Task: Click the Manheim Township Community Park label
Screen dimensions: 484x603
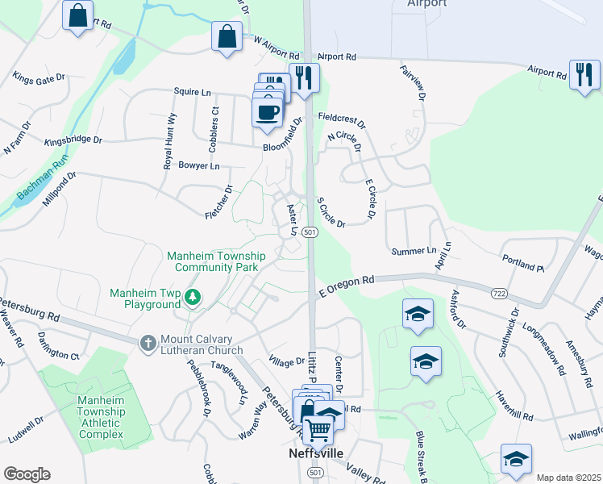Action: pyautogui.click(x=215, y=261)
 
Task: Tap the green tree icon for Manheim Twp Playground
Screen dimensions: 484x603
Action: pyautogui.click(x=193, y=298)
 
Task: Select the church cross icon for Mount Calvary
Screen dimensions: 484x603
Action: pyautogui.click(x=148, y=344)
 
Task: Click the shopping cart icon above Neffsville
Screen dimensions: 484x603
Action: pyautogui.click(x=319, y=432)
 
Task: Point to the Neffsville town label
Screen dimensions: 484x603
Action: pyautogui.click(x=316, y=453)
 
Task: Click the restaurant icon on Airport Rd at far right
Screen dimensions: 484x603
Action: pyautogui.click(x=583, y=74)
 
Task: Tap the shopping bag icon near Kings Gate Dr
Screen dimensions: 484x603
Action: pyautogui.click(x=78, y=16)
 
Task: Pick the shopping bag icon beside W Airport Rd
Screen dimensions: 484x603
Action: pyautogui.click(x=227, y=36)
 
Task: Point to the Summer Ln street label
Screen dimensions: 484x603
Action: pyautogui.click(x=414, y=252)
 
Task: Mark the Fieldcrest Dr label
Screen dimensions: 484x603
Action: pyautogui.click(x=341, y=121)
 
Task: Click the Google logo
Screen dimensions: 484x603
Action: pyautogui.click(x=27, y=474)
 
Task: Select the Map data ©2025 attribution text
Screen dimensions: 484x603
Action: pyautogui.click(x=568, y=478)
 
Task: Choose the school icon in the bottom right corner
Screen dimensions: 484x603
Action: pyautogui.click(x=516, y=459)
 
